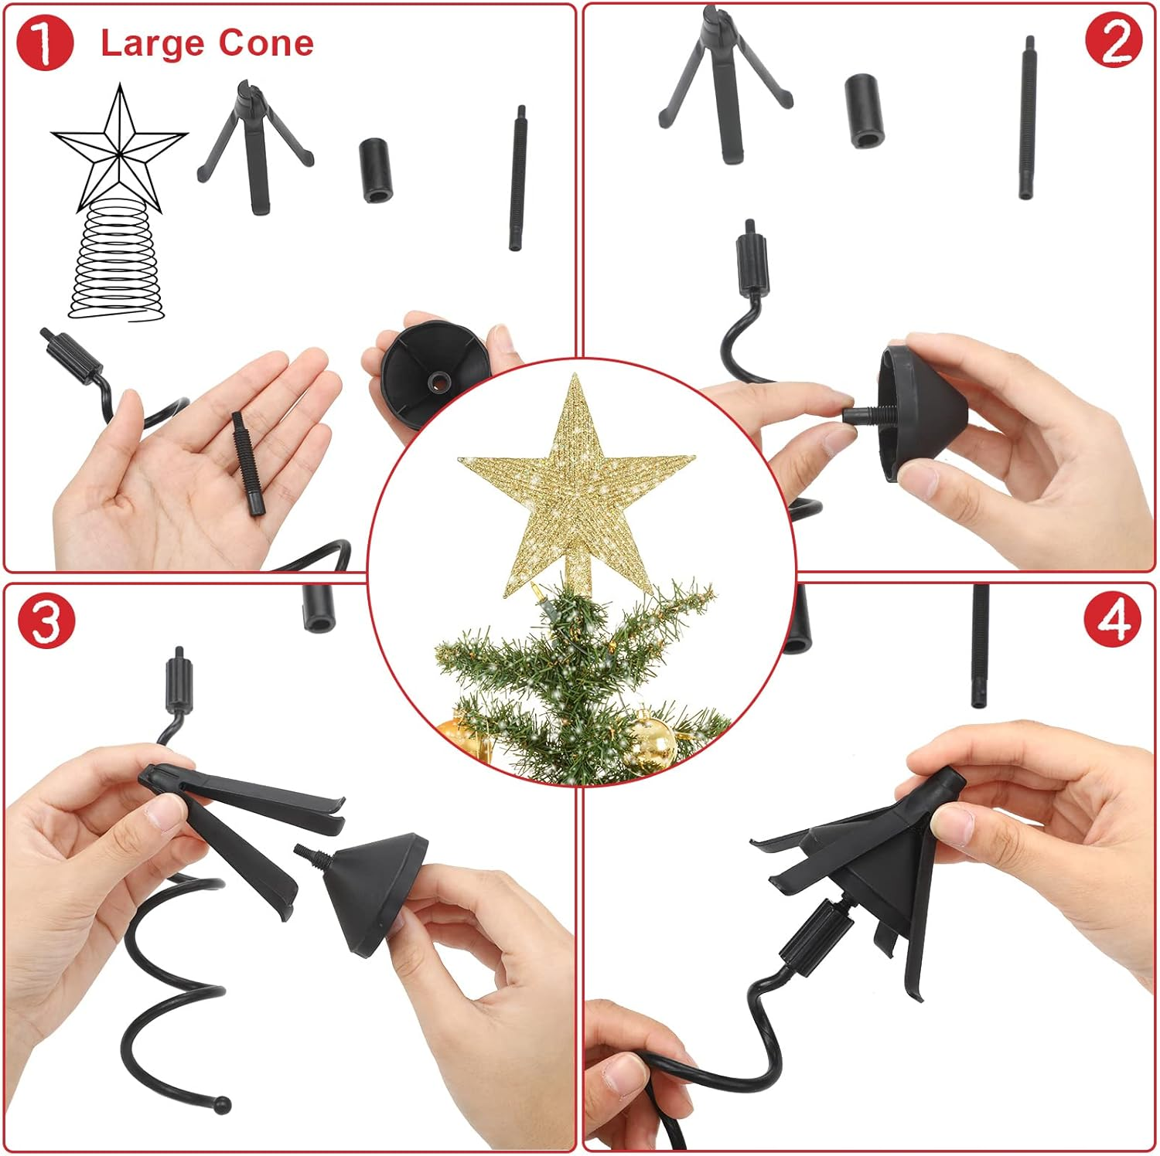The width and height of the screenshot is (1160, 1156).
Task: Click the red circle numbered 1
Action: pos(44,43)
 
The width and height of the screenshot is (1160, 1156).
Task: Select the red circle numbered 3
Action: pos(46,621)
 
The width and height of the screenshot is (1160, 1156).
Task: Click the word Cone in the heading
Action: pos(266,43)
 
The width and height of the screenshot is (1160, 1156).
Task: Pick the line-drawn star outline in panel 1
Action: pos(120,147)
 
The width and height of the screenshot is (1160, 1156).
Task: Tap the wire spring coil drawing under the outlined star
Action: pos(118,267)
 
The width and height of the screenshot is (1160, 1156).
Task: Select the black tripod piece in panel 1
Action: pos(254,147)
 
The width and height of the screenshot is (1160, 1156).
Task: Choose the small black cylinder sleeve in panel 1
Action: pos(377,170)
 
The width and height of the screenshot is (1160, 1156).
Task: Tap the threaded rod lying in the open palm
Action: pos(248,462)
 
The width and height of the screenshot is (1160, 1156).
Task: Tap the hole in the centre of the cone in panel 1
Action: pos(439,380)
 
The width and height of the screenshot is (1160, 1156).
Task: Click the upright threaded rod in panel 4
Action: pos(980,645)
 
